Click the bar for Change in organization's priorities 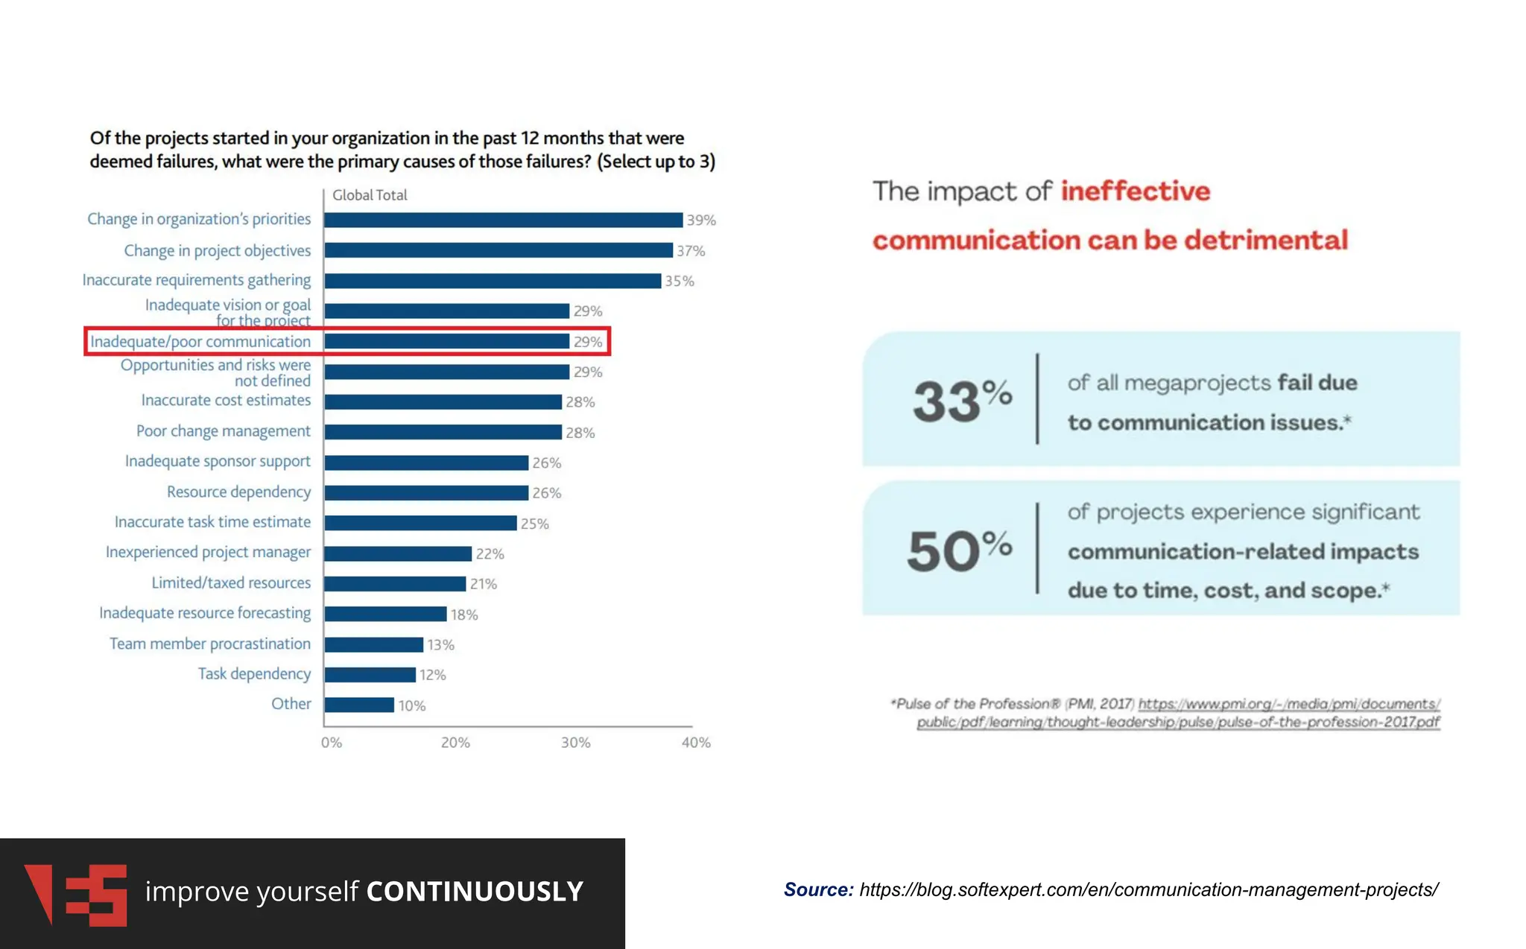[503, 220]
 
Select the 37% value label [691, 251]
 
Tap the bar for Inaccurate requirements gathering [493, 281]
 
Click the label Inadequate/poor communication [200, 342]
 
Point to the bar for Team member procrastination [373, 644]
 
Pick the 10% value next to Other [412, 705]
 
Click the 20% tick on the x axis [455, 743]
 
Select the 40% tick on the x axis [695, 743]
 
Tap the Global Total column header [370, 195]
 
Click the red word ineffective [1135, 191]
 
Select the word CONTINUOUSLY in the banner [475, 892]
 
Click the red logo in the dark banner [75, 894]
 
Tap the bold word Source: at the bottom [818, 889]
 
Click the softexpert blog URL [1148, 889]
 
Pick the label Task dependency [254, 674]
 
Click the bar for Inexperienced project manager [398, 553]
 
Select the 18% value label [463, 615]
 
